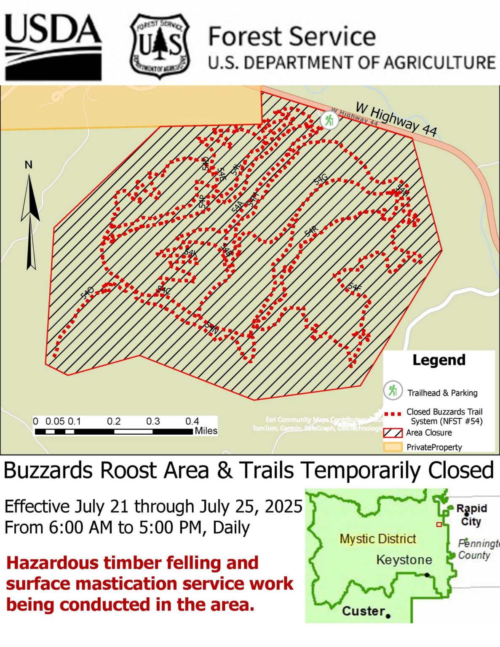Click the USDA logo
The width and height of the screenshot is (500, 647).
point(53,47)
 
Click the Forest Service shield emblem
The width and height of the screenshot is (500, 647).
point(160,46)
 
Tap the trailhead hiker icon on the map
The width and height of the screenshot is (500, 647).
point(329,120)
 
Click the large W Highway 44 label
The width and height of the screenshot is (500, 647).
point(396,119)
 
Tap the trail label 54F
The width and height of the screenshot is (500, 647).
point(355,288)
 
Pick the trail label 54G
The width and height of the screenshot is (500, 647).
point(321,179)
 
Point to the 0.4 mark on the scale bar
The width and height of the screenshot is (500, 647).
point(192,421)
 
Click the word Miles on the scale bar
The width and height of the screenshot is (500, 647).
point(206,431)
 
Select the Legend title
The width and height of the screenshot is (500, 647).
point(439,360)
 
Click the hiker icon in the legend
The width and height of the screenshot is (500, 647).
point(393,391)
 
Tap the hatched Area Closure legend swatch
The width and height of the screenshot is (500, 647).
point(393,433)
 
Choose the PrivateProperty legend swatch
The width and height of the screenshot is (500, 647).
point(393,447)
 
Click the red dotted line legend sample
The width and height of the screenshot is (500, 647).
point(393,414)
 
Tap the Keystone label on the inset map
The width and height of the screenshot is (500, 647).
point(404,560)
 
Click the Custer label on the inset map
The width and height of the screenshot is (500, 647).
point(363,611)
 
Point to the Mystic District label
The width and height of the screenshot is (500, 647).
point(378,539)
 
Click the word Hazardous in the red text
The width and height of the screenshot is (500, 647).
point(52,563)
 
